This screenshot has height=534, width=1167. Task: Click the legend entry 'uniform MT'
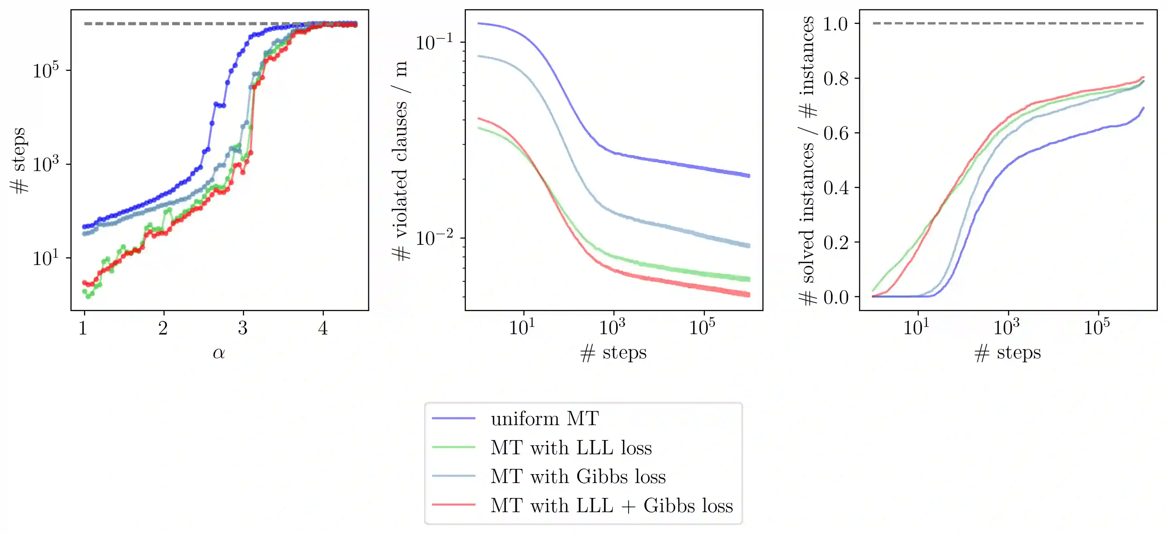pyautogui.click(x=545, y=419)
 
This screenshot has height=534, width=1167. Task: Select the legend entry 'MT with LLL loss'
pyautogui.click(x=571, y=448)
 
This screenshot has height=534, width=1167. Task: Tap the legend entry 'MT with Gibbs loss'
pyautogui.click(x=578, y=476)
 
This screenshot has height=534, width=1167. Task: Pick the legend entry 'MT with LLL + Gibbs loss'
pyautogui.click(x=611, y=506)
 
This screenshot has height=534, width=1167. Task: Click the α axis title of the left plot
pyautogui.click(x=219, y=353)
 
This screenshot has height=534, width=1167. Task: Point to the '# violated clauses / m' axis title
pyautogui.click(x=401, y=161)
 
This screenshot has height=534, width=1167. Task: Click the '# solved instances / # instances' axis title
pyautogui.click(x=807, y=161)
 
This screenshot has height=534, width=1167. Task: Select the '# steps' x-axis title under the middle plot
pyautogui.click(x=613, y=353)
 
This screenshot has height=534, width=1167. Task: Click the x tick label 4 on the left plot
pyautogui.click(x=322, y=328)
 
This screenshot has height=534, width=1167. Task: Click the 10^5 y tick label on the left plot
pyautogui.click(x=46, y=70)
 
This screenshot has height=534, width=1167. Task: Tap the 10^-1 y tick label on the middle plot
pyautogui.click(x=434, y=42)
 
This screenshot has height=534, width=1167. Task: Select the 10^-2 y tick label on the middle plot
pyautogui.click(x=434, y=238)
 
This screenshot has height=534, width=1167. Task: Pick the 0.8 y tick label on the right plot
pyautogui.click(x=836, y=78)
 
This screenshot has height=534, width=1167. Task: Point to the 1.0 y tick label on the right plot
pyautogui.click(x=836, y=23)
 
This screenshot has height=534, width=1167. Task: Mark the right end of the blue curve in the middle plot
pyautogui.click(x=749, y=176)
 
